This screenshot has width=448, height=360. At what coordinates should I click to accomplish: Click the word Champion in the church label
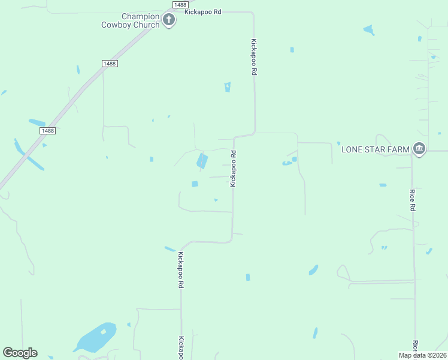pos(140,16)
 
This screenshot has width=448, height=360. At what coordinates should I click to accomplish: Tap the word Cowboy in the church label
pos(119,25)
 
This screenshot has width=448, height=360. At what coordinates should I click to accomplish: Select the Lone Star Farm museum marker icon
pos(419,149)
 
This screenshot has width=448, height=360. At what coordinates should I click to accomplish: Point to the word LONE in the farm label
pos(352,149)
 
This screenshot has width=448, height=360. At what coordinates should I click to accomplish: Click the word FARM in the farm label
pos(398,149)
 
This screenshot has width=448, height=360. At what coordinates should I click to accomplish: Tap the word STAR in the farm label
pos(376,149)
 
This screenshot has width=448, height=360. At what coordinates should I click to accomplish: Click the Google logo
pos(20,353)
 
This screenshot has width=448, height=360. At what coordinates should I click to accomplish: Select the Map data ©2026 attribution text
pos(422,355)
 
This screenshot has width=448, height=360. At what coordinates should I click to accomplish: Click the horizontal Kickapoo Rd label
pos(203,11)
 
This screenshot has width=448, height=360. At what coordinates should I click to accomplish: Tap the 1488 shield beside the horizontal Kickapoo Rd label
pos(180,4)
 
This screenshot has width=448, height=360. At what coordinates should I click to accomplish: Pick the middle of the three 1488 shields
pos(109,64)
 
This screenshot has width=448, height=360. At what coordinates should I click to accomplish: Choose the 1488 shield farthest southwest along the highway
pos(48,130)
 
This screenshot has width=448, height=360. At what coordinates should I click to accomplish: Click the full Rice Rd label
pos(413,200)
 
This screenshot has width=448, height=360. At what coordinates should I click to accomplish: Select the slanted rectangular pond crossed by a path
pos(202,160)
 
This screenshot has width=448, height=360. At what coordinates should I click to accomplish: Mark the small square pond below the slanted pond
pos(195,184)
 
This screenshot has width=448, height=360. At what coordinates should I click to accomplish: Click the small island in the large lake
pos(104,332)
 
